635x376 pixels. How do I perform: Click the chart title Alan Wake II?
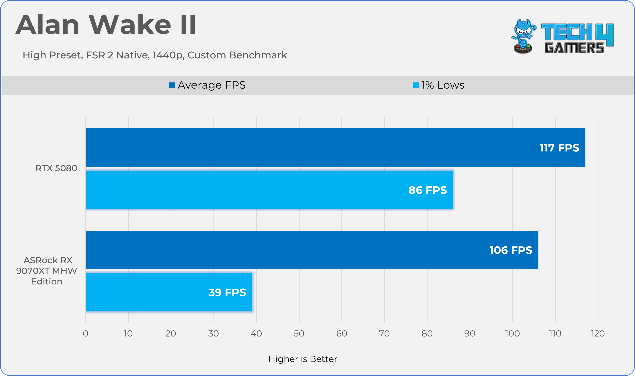(x=105, y=25)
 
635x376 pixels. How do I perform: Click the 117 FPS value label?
(x=559, y=148)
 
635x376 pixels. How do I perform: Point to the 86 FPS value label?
(x=428, y=190)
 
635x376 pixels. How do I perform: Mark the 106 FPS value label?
(x=511, y=250)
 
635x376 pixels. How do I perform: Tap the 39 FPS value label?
(x=227, y=292)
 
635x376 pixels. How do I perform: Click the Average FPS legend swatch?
(x=172, y=85)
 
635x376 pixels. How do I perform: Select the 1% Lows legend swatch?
(x=416, y=85)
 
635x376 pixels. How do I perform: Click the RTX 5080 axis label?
(x=56, y=168)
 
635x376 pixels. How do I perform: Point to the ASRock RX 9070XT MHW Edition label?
(x=47, y=271)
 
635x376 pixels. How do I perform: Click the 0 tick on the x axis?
(x=86, y=334)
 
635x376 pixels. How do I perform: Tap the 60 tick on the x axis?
(x=342, y=334)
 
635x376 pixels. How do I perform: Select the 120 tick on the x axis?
(x=598, y=334)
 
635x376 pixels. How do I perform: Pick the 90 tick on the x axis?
(x=470, y=334)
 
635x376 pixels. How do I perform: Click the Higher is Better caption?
(x=303, y=359)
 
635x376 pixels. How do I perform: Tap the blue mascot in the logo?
(x=523, y=36)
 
